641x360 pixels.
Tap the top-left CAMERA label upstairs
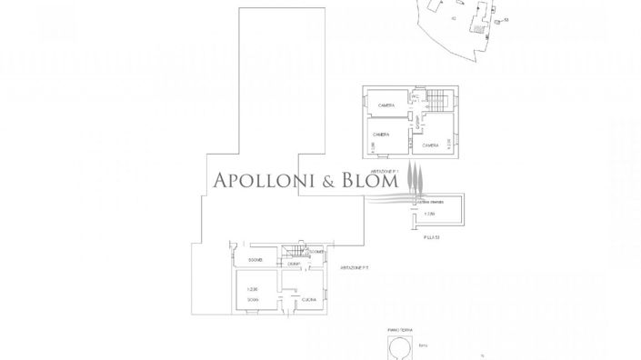click(x=387, y=106)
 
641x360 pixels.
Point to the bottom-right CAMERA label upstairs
click(x=430, y=145)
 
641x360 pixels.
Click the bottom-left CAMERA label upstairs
click(x=381, y=135)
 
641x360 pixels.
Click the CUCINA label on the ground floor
click(x=309, y=299)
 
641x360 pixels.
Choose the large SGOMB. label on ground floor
click(x=255, y=259)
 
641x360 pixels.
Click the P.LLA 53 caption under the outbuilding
click(x=431, y=237)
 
